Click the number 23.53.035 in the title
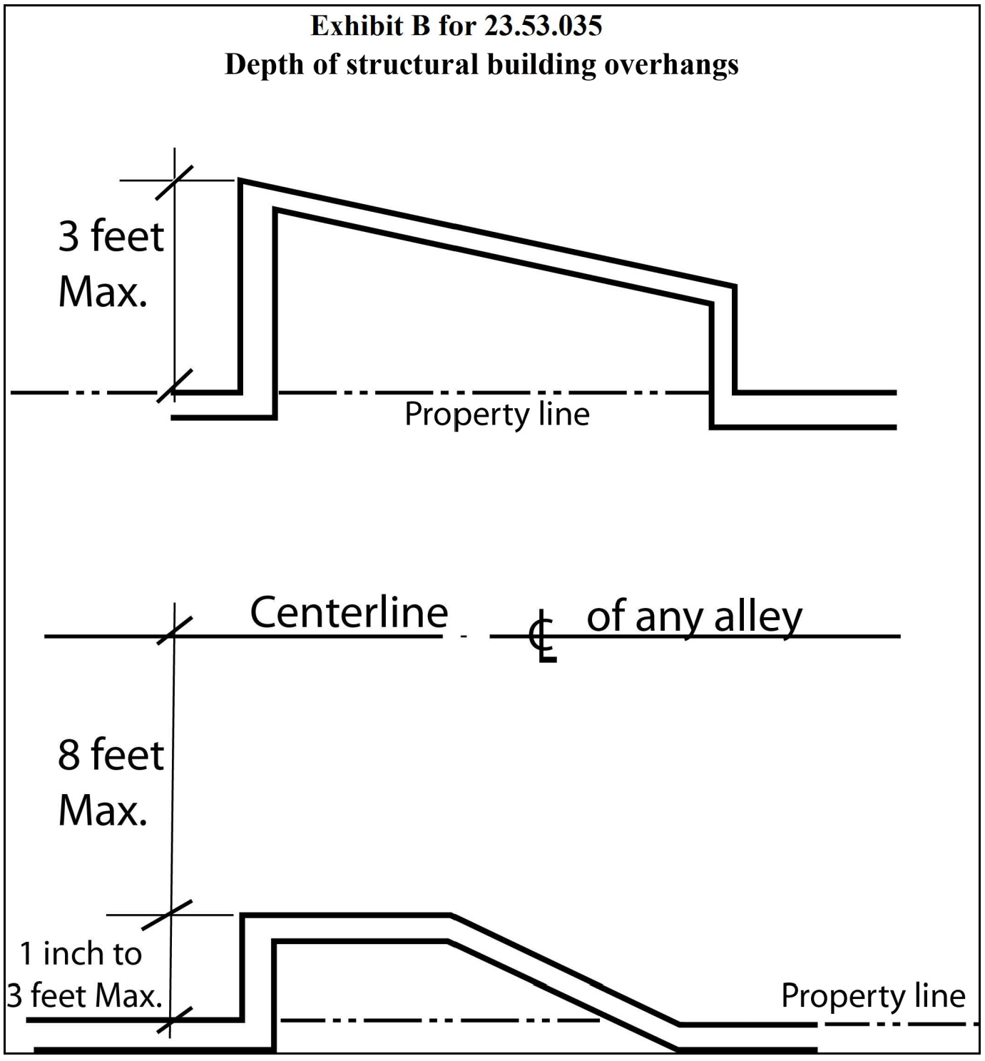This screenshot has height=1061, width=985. pyautogui.click(x=543, y=26)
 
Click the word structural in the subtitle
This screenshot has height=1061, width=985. pyautogui.click(x=412, y=64)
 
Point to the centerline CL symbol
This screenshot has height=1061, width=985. pyautogui.click(x=543, y=636)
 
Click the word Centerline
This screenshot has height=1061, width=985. pyautogui.click(x=349, y=613)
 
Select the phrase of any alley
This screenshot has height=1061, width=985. pyautogui.click(x=695, y=618)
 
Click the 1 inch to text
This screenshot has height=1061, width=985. pyautogui.click(x=81, y=954)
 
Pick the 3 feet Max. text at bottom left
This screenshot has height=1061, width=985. pyautogui.click(x=84, y=996)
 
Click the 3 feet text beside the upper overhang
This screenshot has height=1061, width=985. pyautogui.click(x=111, y=237)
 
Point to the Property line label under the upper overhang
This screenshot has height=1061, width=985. pyautogui.click(x=496, y=414)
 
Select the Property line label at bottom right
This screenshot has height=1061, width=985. pyautogui.click(x=873, y=996)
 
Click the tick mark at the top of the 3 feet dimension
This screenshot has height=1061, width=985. pyautogui.click(x=174, y=182)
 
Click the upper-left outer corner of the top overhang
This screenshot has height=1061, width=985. pyautogui.click(x=239, y=180)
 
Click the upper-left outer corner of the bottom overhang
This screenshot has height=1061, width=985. pyautogui.click(x=241, y=915)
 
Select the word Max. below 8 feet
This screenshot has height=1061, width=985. pyautogui.click(x=103, y=811)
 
